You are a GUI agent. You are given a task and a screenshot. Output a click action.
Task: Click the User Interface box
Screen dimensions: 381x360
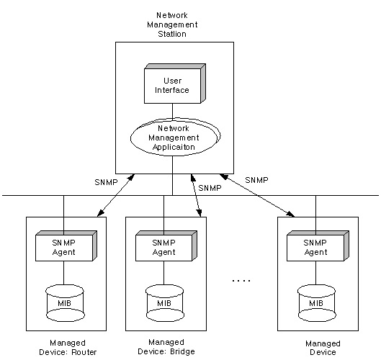point(175,84)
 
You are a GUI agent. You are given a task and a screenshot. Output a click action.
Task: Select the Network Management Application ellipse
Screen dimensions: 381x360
point(175,137)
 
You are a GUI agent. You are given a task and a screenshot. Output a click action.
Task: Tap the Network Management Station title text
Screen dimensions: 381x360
point(172,24)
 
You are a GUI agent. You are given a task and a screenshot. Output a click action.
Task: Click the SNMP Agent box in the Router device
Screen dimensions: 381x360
point(66,246)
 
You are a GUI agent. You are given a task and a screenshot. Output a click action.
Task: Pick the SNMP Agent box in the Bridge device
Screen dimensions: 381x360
point(166,246)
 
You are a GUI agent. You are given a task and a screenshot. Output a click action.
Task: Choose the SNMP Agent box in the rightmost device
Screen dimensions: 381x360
point(318,246)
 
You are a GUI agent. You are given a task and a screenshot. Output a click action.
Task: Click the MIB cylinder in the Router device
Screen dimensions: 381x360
point(65,303)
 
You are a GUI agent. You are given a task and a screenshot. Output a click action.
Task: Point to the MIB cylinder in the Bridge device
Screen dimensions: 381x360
point(165,303)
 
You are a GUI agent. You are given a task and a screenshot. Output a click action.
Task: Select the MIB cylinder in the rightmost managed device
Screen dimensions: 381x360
point(317,303)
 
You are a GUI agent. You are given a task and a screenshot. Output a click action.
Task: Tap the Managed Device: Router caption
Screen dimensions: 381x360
point(68,347)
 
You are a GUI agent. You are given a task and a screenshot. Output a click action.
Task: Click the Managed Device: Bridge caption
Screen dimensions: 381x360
point(166,347)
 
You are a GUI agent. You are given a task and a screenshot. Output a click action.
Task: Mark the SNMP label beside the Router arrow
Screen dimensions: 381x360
point(106,182)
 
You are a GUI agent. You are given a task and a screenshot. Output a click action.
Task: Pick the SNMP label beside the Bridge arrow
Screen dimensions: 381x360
point(210,188)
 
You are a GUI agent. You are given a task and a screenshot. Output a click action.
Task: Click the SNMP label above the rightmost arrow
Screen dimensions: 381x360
point(256,180)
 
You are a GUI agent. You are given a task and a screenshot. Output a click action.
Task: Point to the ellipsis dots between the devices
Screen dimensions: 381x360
point(241,281)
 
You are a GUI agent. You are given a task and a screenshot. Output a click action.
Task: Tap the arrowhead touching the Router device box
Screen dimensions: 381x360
point(100,213)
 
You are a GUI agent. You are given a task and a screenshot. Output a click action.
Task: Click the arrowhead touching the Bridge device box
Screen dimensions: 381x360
point(200,212)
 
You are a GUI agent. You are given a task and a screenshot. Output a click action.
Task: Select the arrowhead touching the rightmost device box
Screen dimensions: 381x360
point(290,214)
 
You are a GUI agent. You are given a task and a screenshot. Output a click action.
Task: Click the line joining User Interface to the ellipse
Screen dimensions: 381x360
point(173,112)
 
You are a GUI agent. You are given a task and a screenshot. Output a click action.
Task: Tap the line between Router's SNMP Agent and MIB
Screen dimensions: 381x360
point(63,273)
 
